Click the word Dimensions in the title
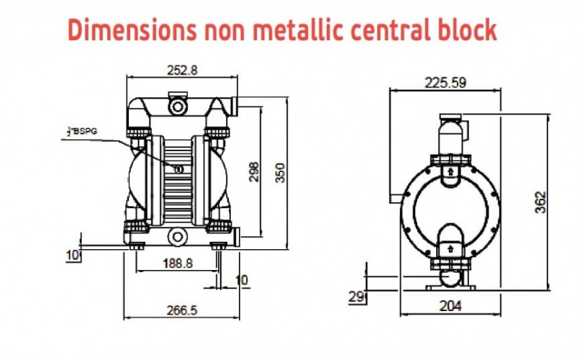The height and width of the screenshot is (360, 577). (x=130, y=30)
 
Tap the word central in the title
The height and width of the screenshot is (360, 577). (x=404, y=30)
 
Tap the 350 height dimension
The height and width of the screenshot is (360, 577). (x=281, y=173)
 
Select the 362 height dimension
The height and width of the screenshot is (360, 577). (x=542, y=201)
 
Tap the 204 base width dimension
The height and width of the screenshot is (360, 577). (x=450, y=305)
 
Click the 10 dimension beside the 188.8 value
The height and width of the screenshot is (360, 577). (x=242, y=279)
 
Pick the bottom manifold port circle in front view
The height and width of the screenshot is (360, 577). (x=177, y=236)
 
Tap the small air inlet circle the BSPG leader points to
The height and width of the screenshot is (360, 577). (x=178, y=168)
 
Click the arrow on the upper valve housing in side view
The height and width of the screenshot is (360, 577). (x=450, y=172)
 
